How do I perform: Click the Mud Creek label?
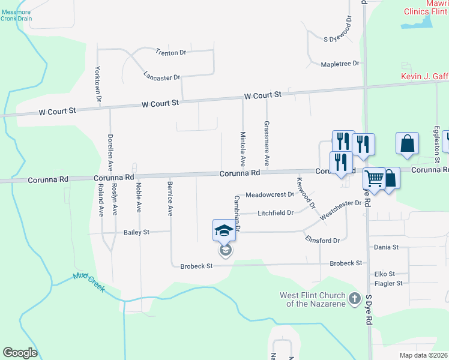click(89, 283)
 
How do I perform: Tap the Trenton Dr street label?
click(171, 53)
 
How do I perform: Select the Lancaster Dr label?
click(162, 77)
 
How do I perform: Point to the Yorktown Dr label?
click(98, 83)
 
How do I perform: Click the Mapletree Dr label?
click(340, 64)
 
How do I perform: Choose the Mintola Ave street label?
click(243, 149)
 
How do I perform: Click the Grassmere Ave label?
click(267, 143)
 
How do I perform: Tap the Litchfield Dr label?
click(276, 213)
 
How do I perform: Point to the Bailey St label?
click(136, 232)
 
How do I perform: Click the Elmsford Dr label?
click(322, 241)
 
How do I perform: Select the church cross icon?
click(355, 298)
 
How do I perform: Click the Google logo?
click(20, 353)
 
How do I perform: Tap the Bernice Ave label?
click(170, 199)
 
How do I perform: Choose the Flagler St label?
click(388, 283)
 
